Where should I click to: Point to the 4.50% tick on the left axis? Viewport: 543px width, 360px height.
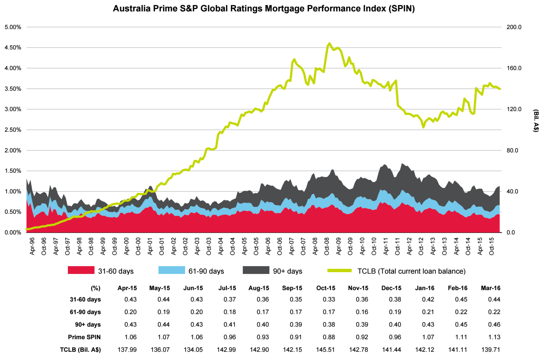[x=13, y=48]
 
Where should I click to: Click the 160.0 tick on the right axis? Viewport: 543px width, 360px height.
[x=514, y=68]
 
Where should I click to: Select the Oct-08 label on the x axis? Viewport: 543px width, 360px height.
[x=327, y=247]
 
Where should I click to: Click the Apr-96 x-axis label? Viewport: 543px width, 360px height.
[x=32, y=247]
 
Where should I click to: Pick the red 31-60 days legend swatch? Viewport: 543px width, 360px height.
[x=81, y=270]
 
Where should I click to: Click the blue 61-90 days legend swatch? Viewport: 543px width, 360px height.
[x=172, y=270]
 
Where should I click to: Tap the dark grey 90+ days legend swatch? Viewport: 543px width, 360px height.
[x=256, y=270]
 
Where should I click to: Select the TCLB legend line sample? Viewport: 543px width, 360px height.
[x=339, y=271]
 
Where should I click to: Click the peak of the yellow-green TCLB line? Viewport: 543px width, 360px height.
[x=329, y=43]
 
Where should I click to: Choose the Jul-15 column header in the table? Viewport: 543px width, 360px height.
[x=227, y=288]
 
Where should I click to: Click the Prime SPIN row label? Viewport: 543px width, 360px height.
[x=84, y=337]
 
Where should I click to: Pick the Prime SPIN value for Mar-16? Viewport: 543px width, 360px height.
[x=494, y=337]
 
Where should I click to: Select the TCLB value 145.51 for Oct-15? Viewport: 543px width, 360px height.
[x=325, y=350]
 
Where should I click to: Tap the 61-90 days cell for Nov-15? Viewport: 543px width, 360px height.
[x=362, y=312]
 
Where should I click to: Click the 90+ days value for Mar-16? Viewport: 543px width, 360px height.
[x=494, y=325]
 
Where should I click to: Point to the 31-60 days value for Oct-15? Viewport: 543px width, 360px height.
[x=329, y=300]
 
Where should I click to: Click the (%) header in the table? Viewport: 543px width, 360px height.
[x=95, y=288]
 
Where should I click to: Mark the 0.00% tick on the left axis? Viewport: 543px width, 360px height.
[x=13, y=233]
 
